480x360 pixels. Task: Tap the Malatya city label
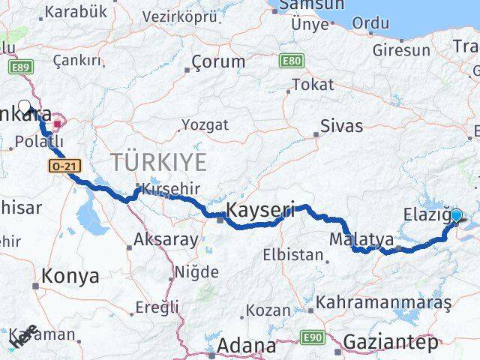(x=361, y=240)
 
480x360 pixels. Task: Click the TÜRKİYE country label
(x=158, y=160)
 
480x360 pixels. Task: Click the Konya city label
(x=70, y=276)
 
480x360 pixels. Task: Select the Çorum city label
(x=217, y=61)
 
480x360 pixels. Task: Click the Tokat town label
(x=313, y=85)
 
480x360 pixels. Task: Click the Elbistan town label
(x=292, y=255)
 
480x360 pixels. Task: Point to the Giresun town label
(x=402, y=51)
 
